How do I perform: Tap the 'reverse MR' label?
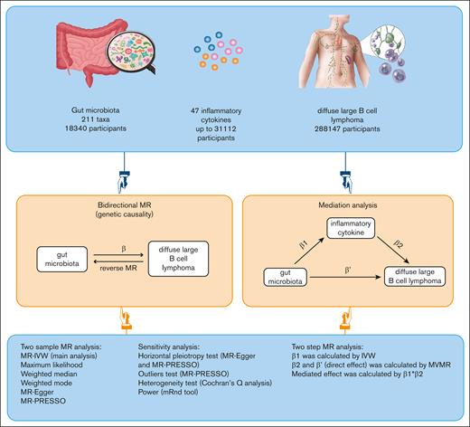(129, 269)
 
